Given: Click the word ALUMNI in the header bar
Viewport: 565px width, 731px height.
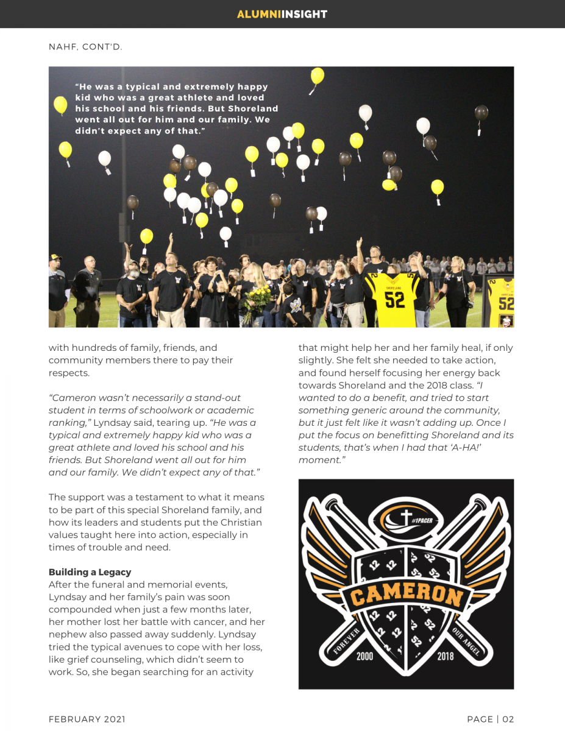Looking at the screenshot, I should [259, 14].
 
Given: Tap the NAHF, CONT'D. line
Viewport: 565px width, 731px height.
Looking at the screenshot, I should [85, 46].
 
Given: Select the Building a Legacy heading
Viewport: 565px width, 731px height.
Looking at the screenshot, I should [90, 572].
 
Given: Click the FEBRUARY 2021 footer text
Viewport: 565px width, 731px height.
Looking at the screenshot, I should [87, 719].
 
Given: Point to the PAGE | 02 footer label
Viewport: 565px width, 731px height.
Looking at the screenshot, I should [490, 719].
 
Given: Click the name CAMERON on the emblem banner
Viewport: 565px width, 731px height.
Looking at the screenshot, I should [406, 595].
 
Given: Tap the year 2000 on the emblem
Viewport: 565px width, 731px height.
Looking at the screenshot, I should [364, 656].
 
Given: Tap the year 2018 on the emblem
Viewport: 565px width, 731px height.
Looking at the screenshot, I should [446, 656].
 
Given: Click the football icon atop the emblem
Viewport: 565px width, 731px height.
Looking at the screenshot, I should [405, 519].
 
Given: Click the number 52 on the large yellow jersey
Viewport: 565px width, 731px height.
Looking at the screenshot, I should [395, 300].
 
